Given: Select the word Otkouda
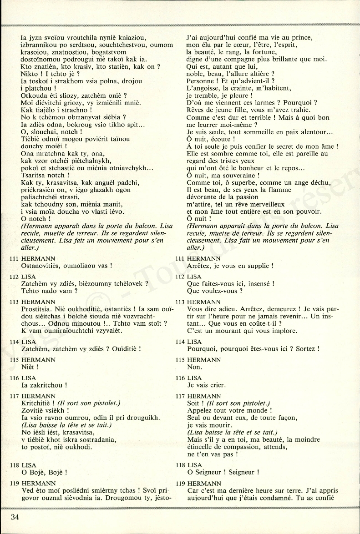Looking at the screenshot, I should coord(35,96).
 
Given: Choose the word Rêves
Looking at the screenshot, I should coord(197,111).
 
